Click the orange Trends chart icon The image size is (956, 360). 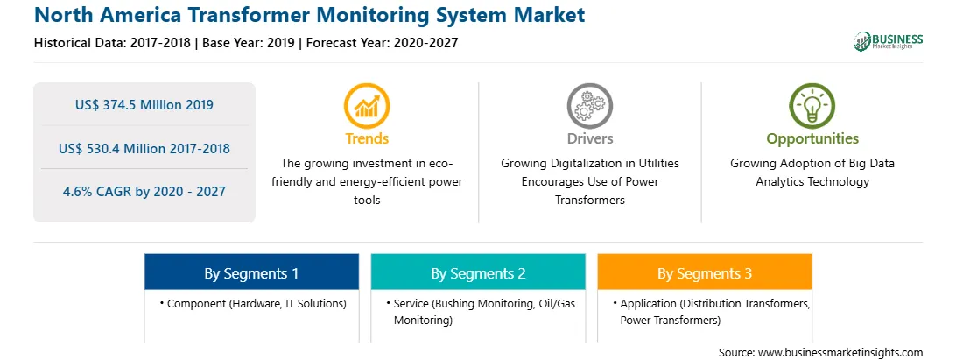tap(367, 106)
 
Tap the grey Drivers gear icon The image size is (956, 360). tap(589, 106)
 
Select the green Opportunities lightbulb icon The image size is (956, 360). tap(812, 106)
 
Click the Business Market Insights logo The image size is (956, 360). tap(889, 41)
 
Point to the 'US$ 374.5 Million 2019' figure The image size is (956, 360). tap(144, 105)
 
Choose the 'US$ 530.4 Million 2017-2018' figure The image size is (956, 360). tap(144, 148)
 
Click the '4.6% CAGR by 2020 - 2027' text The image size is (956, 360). tap(144, 192)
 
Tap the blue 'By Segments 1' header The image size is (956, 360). tap(252, 272)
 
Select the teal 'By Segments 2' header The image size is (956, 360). tap(478, 272)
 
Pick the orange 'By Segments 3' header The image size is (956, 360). tap(705, 272)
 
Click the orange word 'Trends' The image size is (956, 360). tap(367, 138)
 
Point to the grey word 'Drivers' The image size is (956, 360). tap(589, 138)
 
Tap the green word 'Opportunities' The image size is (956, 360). tap(812, 138)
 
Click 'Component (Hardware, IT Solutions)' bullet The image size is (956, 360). tap(253, 303)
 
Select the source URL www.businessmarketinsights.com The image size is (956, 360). tap(840, 353)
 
